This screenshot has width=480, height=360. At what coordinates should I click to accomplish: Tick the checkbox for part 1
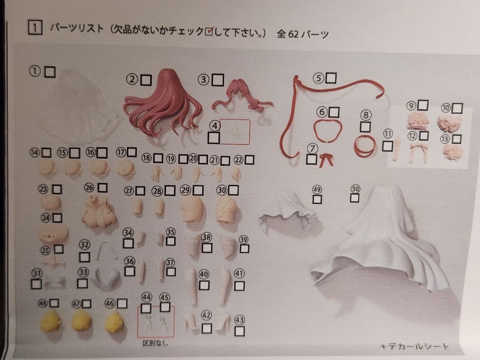[50, 72]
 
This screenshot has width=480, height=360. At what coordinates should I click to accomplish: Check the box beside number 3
[218, 80]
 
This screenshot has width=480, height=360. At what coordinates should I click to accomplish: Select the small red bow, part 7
[327, 158]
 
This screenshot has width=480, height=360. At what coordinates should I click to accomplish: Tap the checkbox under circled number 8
[365, 127]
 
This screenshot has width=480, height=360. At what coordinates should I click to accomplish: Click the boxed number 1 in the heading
[35, 28]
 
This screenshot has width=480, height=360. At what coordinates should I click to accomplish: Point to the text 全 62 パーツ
[303, 34]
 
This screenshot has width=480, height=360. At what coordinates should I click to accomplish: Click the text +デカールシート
[414, 346]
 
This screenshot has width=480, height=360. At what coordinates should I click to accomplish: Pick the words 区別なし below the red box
[156, 343]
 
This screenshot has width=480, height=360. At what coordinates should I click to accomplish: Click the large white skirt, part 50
[382, 240]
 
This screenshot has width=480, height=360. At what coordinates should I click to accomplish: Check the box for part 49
[317, 199]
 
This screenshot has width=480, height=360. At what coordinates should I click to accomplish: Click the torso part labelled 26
[99, 216]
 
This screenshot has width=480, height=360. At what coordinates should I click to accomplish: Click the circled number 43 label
[240, 320]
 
